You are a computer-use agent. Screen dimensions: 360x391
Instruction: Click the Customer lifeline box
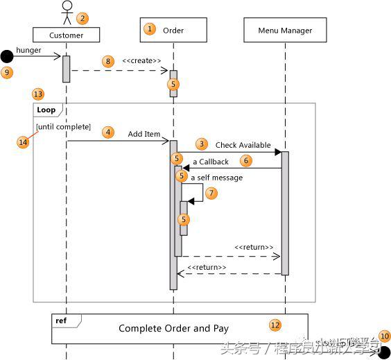point(66,35)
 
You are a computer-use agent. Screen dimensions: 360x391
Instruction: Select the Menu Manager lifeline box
point(285,31)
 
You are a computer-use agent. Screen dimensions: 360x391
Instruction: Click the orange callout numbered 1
point(149,29)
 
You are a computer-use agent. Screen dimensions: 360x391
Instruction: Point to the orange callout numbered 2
point(82,18)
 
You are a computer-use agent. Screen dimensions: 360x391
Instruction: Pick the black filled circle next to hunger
point(6,56)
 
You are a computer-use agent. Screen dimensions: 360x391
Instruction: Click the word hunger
point(28,50)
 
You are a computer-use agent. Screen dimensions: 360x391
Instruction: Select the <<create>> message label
point(141,61)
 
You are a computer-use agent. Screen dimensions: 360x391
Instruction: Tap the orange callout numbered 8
point(107,61)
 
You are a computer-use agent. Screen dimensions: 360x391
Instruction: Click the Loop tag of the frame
point(46,110)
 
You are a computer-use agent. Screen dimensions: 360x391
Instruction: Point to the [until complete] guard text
point(64,126)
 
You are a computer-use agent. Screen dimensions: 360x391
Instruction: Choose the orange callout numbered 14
point(23,142)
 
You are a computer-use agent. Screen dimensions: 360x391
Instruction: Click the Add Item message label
point(144,134)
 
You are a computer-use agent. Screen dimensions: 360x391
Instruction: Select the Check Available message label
point(243,145)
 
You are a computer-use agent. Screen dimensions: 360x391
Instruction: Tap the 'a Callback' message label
point(210,162)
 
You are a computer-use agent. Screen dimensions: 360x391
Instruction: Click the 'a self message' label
point(216,178)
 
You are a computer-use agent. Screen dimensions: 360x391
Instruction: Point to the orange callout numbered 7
point(211,193)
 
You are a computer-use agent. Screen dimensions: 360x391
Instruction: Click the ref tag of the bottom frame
point(61,320)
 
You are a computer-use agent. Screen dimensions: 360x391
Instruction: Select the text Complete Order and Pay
point(173,328)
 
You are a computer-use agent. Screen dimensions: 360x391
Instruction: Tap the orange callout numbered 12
point(275,324)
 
